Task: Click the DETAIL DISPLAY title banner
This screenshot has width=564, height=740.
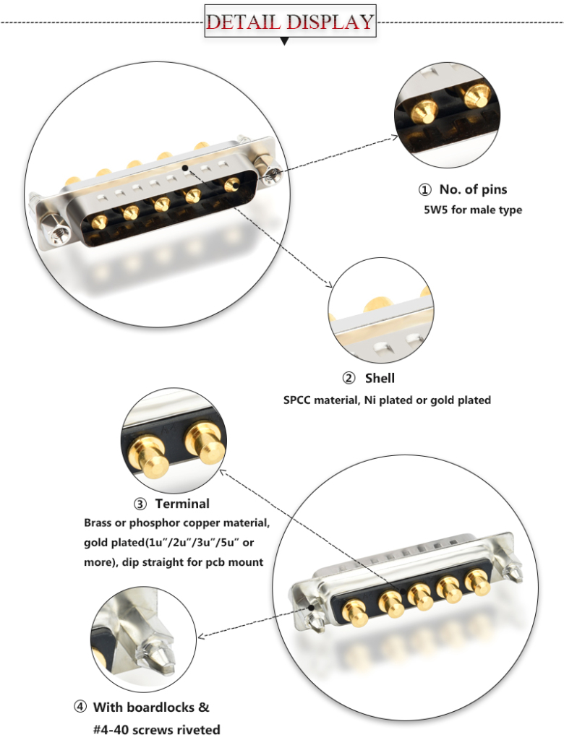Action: (x=290, y=21)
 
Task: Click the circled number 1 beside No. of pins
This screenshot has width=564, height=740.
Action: (x=425, y=190)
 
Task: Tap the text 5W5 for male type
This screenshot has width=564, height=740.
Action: (x=472, y=210)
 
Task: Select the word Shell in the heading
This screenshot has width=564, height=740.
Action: (x=380, y=378)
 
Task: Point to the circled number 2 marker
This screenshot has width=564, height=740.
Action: (x=349, y=378)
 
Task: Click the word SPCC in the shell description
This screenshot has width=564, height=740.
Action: (x=298, y=400)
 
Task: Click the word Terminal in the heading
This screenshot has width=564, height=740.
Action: (x=182, y=504)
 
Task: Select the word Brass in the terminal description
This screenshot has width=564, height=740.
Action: (x=100, y=522)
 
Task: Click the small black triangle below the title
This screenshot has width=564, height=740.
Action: (x=284, y=41)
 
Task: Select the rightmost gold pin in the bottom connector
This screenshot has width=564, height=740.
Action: (x=477, y=582)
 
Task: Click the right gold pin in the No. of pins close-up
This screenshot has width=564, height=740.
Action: (x=477, y=94)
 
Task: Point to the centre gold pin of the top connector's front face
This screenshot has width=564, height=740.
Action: (x=161, y=204)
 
